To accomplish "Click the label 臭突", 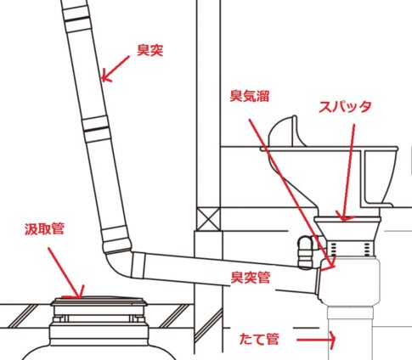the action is pyautogui.click(x=150, y=50).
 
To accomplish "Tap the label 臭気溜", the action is pyautogui.click(x=249, y=96).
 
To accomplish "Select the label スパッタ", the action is pyautogui.click(x=345, y=107).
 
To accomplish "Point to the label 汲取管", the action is pyautogui.click(x=44, y=228).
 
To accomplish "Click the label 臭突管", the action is pyautogui.click(x=251, y=277).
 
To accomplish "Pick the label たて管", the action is pyautogui.click(x=259, y=339).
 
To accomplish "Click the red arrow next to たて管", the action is pyautogui.click(x=316, y=339).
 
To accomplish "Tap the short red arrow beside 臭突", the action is pyautogui.click(x=116, y=69).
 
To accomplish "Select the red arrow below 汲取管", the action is pyautogui.click(x=67, y=273).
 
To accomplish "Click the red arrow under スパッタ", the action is pyautogui.click(x=348, y=172).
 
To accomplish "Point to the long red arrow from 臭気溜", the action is pyautogui.click(x=291, y=194).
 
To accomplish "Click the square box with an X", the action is pyautogui.click(x=208, y=219).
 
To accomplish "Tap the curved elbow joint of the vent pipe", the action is pyautogui.click(x=118, y=265).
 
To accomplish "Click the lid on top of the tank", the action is pyautogui.click(x=99, y=301).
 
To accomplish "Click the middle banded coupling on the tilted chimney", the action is pyautogui.click(x=96, y=129).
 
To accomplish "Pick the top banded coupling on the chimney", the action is pyautogui.click(x=77, y=19).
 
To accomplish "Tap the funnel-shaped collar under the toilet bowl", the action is pyautogui.click(x=347, y=229).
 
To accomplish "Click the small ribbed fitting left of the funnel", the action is pyautogui.click(x=306, y=252).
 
